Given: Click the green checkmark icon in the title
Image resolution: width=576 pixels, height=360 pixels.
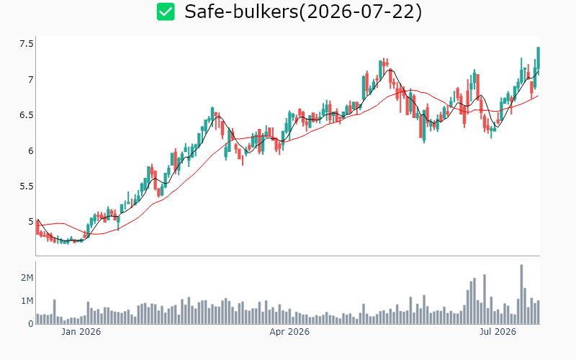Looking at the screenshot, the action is point(166,12).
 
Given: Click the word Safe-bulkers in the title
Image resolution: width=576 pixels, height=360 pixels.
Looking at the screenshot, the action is point(241,12).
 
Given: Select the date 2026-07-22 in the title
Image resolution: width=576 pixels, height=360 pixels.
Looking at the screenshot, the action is point(361,12).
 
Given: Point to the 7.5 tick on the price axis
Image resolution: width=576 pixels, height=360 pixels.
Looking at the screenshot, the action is point(27,44).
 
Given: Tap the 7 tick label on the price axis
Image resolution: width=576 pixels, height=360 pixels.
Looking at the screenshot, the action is point(31,80).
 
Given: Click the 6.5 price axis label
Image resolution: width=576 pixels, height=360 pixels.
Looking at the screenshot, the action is point(27,115).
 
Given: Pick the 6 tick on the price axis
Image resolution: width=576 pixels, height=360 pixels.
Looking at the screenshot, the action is point(31,151).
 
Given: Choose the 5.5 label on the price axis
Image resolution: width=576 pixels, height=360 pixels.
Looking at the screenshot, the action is point(27,186).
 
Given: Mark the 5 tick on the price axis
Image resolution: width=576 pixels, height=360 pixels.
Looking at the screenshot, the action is point(31,222).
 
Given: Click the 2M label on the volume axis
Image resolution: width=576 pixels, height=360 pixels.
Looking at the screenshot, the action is point(27,278).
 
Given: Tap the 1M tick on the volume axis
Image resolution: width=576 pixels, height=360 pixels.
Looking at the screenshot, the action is point(27,301).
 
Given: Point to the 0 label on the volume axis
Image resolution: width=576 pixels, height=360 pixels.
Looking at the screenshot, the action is point(31,324).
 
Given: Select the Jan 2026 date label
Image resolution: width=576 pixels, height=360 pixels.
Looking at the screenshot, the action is point(81,332).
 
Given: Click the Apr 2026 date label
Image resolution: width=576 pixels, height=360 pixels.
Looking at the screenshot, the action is point(289,332).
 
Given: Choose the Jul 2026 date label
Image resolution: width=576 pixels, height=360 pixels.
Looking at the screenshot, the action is point(498,332).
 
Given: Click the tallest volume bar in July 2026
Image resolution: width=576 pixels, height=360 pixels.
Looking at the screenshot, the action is point(521,294).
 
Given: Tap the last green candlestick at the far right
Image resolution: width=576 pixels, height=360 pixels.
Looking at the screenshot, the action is point(538,58).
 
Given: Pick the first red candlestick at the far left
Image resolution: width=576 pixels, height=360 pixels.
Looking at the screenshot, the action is point(37,228).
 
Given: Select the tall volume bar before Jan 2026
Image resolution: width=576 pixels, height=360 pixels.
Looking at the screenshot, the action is point(55,312).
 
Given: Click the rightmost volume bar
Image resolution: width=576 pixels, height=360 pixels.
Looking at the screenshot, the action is point(538,312).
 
